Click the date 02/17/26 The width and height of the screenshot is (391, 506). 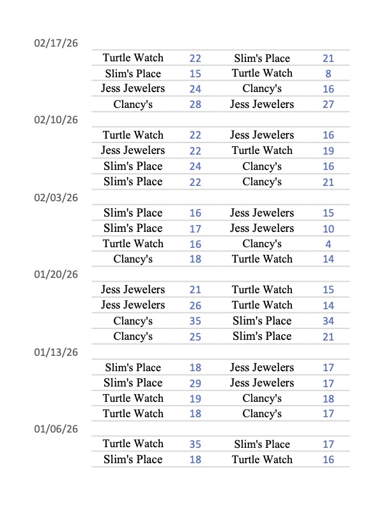56,43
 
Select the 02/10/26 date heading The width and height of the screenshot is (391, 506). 56,120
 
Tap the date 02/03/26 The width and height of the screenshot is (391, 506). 56,197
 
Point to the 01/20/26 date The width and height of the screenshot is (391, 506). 56,275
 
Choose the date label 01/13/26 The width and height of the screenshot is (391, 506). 56,352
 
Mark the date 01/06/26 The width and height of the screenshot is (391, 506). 56,429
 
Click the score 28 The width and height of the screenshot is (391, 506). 195,104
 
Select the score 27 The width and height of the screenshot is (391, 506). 328,104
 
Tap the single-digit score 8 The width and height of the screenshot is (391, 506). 328,73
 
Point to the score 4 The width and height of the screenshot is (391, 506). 328,244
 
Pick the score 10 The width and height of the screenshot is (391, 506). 328,228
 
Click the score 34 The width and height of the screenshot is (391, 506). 328,321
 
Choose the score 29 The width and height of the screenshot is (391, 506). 195,383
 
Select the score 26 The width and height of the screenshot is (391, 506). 195,305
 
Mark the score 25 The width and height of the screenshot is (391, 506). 195,336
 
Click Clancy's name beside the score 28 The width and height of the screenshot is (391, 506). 133,104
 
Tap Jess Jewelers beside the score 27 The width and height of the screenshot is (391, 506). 262,104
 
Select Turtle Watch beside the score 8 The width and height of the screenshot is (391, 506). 262,73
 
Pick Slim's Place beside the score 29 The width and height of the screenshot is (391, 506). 133,383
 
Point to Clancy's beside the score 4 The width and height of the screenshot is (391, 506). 262,244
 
